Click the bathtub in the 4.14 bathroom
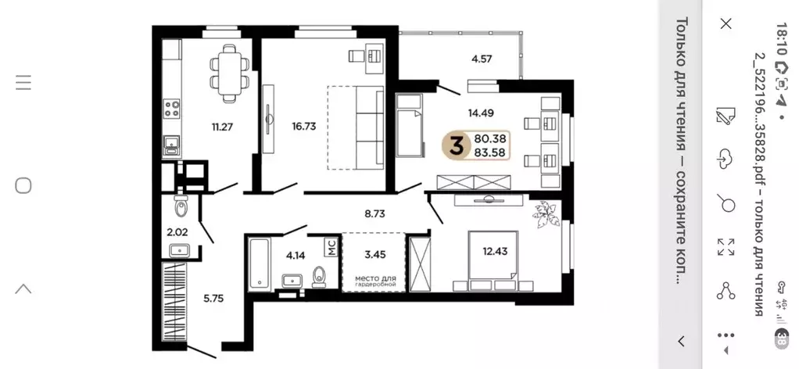[x=259, y=263]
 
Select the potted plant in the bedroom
[x=543, y=213]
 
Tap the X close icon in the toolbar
[x=725, y=24]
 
